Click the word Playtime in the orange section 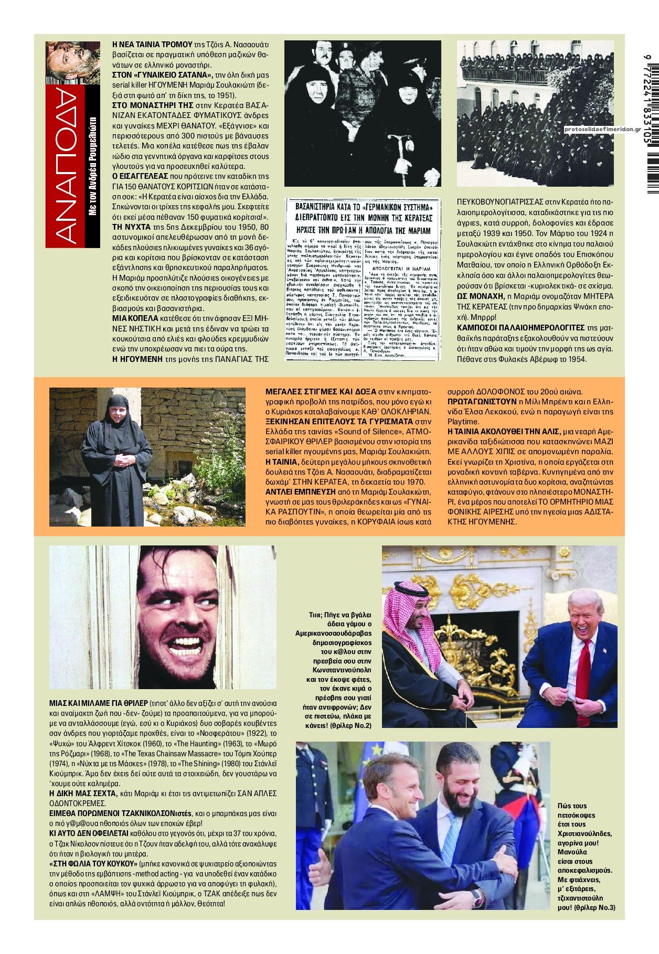tap(462, 422)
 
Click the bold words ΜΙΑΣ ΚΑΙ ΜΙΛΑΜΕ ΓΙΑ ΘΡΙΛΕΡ tap(98, 703)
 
